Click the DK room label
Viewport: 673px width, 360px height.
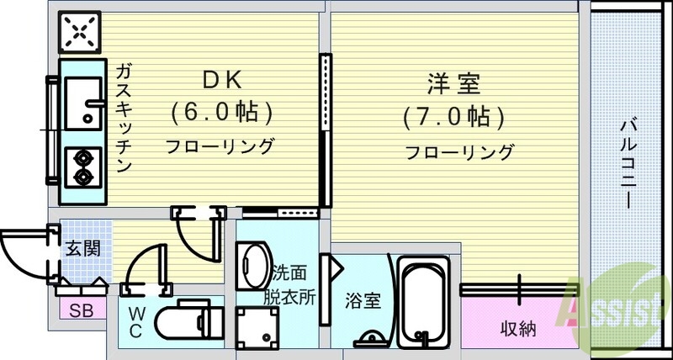pos(220,81)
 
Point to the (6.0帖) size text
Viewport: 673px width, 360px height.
pos(220,112)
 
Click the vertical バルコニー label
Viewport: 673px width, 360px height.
pos(627,164)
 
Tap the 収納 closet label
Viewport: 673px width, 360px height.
pos(517,328)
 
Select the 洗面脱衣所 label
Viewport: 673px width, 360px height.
pos(294,284)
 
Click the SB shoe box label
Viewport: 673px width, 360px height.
pos(82,310)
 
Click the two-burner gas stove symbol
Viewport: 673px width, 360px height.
pos(83,166)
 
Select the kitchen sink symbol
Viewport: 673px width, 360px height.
pos(82,101)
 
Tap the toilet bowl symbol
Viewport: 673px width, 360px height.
pos(191,323)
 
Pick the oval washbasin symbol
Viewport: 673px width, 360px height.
pos(252,266)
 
